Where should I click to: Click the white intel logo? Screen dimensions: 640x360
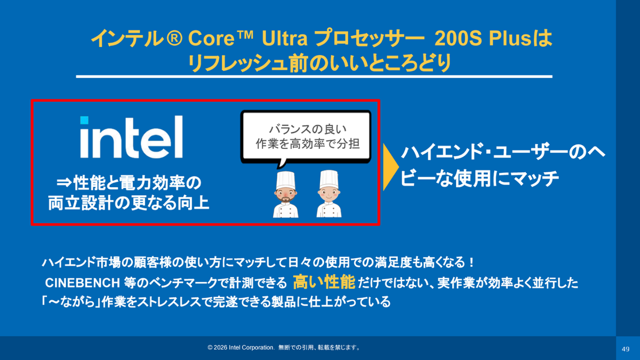pyautogui.click(x=131, y=137)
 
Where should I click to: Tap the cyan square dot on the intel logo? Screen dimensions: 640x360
pyautogui.click(x=84, y=120)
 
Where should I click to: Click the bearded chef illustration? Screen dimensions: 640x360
pyautogui.click(x=285, y=194)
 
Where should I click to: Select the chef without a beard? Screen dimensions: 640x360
pyautogui.click(x=329, y=194)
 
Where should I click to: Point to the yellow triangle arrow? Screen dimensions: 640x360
pyautogui.click(x=390, y=167)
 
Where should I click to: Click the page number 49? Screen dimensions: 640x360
pyautogui.click(x=626, y=349)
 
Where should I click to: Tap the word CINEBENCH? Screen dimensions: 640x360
pyautogui.click(x=82, y=283)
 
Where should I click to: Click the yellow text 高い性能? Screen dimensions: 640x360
pyautogui.click(x=324, y=282)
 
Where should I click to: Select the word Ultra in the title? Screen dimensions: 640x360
pyautogui.click(x=285, y=38)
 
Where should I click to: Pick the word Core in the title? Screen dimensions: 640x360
pyautogui.click(x=211, y=38)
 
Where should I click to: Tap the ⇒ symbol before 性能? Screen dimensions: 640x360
pyautogui.click(x=63, y=182)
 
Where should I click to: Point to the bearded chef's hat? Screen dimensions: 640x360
pyautogui.click(x=285, y=180)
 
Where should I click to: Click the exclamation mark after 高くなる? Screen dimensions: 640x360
pyautogui.click(x=471, y=262)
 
